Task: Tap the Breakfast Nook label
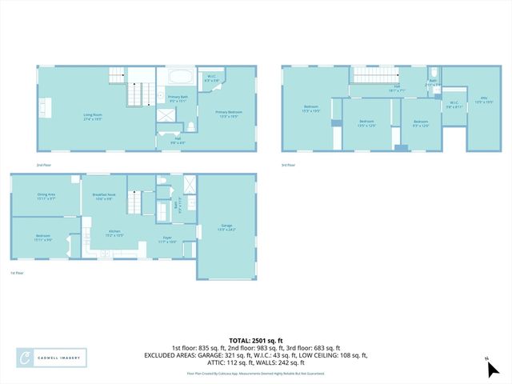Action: [104, 197]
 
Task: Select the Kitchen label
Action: [115, 234]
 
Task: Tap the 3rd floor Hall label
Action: [396, 89]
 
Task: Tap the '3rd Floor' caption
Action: [288, 165]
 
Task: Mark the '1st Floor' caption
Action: [17, 274]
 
